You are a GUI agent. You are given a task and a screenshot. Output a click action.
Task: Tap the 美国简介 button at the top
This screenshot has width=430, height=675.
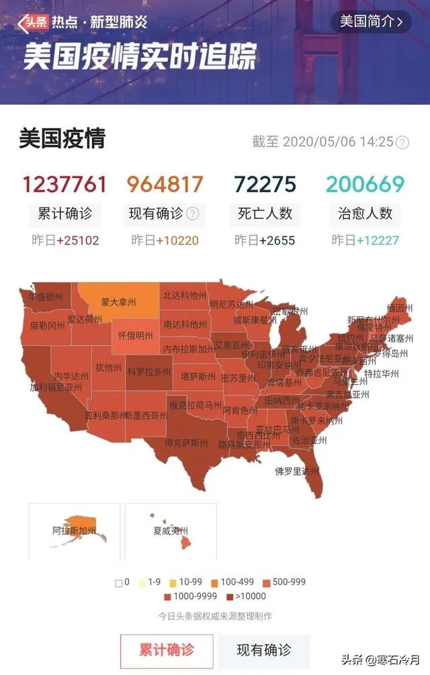[x=370, y=21]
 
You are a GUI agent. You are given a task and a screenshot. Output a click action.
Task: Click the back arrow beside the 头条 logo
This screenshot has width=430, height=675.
[x=24, y=25]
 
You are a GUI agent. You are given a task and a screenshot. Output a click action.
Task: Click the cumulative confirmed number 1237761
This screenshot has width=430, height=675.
[x=64, y=184]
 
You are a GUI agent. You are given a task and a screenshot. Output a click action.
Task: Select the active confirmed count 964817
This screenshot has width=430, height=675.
[x=165, y=184]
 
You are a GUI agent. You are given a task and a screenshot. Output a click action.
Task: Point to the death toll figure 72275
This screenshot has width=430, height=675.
[x=265, y=184]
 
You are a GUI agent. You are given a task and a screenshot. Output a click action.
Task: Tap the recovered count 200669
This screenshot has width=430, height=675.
[x=366, y=184]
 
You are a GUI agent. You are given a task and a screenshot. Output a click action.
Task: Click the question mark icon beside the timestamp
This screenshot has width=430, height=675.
[x=402, y=142]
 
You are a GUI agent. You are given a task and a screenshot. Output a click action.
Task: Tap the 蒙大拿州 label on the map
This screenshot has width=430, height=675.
[x=118, y=303]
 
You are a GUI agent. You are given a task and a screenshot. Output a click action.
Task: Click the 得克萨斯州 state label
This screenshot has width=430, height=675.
[x=185, y=442]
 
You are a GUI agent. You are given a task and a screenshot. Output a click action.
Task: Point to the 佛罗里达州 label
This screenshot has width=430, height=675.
[x=296, y=471]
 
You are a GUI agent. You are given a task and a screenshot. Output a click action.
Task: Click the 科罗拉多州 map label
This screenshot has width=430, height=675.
[x=149, y=371]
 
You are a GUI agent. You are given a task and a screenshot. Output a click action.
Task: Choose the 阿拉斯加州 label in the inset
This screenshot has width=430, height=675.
[x=74, y=531]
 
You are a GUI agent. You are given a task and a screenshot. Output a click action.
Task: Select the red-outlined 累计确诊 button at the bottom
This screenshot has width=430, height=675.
[x=167, y=650]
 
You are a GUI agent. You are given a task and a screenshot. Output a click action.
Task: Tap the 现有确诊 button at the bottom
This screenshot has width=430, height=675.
[x=264, y=650]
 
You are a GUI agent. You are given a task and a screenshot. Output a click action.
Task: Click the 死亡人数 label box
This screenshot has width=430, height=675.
[x=265, y=214]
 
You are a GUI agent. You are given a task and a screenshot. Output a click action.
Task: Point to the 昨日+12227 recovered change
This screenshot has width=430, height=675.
[x=365, y=240]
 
